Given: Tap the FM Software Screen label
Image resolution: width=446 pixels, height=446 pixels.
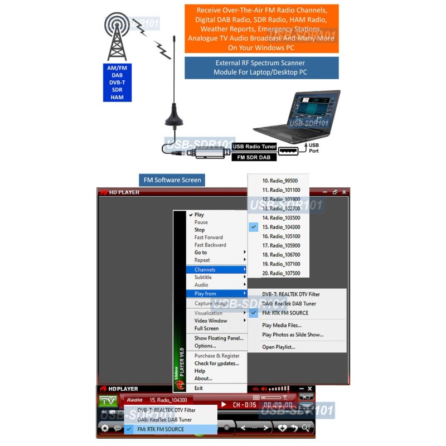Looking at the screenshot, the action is (x=172, y=180).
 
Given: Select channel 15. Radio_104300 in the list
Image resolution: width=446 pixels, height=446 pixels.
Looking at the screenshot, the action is (x=281, y=227).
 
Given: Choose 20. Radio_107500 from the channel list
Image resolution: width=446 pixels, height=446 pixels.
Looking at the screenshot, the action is (x=281, y=273).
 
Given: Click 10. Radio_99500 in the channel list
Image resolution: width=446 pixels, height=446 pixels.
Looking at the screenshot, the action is (x=280, y=181).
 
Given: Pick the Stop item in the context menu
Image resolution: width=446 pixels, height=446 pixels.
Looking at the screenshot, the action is (x=200, y=230).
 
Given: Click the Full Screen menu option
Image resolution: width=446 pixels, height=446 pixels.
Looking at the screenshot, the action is (x=206, y=328).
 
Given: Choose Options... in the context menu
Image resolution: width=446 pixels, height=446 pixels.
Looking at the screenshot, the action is (x=205, y=346).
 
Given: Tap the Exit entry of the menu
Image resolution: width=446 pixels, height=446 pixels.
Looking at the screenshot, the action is (x=198, y=388).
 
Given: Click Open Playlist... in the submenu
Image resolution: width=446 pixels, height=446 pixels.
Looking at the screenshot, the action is (x=279, y=347).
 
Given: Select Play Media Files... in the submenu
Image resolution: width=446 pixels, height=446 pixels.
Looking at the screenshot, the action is (x=282, y=326).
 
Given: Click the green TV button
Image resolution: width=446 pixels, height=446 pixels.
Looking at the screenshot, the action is (x=108, y=400).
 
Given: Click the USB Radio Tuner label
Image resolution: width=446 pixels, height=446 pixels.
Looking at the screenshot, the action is (x=254, y=147).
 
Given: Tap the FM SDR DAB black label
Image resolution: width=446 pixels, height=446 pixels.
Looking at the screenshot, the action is (x=254, y=157).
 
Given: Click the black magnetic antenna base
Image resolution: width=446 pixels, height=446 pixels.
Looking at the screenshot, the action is (x=174, y=118).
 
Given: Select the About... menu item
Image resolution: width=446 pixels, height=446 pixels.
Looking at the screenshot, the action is (x=203, y=379).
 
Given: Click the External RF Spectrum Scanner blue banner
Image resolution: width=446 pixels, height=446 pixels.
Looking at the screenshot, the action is (x=261, y=67).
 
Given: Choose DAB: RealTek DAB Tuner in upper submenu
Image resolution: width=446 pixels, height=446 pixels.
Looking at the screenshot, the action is (x=289, y=304).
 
